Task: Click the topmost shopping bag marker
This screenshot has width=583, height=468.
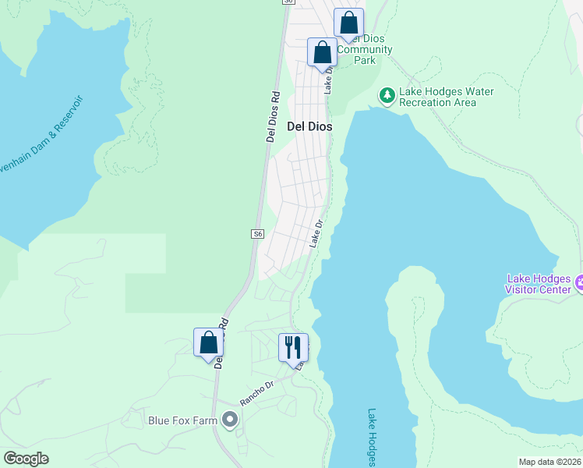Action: point(349,23)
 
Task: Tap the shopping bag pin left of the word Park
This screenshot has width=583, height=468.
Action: point(322,52)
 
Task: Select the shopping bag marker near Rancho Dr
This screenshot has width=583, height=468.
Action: point(208,342)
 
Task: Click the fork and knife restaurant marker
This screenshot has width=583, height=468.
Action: point(294,348)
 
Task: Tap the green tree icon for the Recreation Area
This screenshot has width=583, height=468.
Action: point(387,96)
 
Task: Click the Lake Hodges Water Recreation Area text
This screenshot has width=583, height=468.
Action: point(447,97)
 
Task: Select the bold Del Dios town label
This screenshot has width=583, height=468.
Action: point(310,126)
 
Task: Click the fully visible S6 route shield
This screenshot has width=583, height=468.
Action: point(258,234)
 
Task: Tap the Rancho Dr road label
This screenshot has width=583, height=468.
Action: point(257,393)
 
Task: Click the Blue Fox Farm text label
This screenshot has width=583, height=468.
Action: point(182,420)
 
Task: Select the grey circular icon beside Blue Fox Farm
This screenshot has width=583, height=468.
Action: point(229,420)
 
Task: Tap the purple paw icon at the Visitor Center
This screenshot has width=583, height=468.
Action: point(579,279)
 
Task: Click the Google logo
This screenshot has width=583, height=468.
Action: point(26,459)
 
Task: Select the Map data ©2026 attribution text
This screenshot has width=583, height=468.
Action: point(549,462)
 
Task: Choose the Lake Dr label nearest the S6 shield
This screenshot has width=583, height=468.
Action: point(316,234)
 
